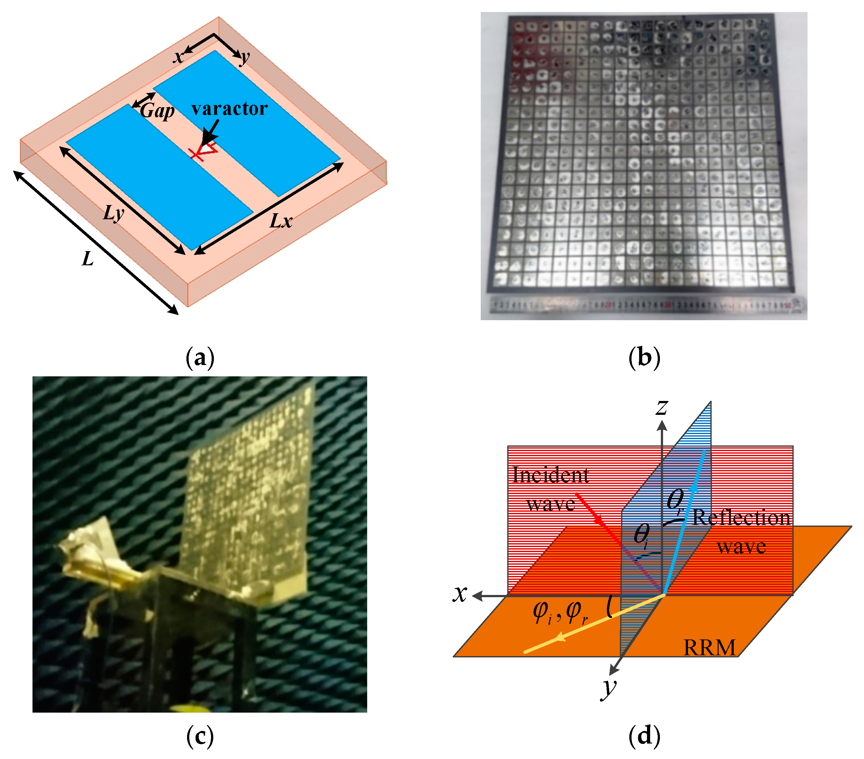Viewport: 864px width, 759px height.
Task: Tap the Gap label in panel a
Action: (x=157, y=111)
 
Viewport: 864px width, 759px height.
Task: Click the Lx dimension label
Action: (x=281, y=221)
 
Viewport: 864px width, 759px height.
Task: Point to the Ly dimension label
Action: (x=114, y=213)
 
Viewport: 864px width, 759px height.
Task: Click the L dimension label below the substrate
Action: (x=87, y=259)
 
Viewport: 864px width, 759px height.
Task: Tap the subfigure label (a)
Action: (x=200, y=358)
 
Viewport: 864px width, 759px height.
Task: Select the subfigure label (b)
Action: (x=644, y=358)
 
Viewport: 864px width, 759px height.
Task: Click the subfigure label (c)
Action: (x=200, y=736)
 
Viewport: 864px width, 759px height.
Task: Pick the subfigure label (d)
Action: (x=644, y=736)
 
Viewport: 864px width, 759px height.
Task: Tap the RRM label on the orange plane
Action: (x=709, y=647)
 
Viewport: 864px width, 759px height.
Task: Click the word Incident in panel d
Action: (x=550, y=475)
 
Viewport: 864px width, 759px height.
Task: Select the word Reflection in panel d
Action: (x=741, y=518)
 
